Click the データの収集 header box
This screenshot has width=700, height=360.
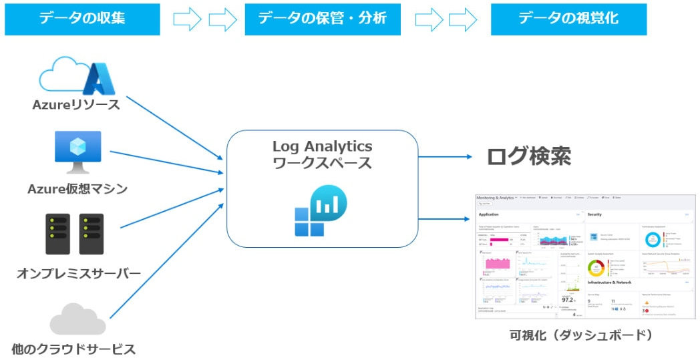[82, 19]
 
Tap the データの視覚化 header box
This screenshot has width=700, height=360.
[568, 19]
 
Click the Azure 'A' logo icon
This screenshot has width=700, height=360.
[98, 79]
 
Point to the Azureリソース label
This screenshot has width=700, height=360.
[76, 105]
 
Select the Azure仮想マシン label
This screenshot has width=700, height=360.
[77, 189]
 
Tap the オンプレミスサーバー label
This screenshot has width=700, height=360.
[78, 273]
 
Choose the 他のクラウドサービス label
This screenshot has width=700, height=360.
[73, 349]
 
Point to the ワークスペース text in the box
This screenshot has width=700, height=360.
[322, 164]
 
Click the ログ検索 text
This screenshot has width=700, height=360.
[528, 156]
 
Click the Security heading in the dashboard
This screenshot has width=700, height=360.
[594, 214]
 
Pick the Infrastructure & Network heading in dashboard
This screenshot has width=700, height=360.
[609, 283]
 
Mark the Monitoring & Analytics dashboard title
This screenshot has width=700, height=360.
[495, 198]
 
